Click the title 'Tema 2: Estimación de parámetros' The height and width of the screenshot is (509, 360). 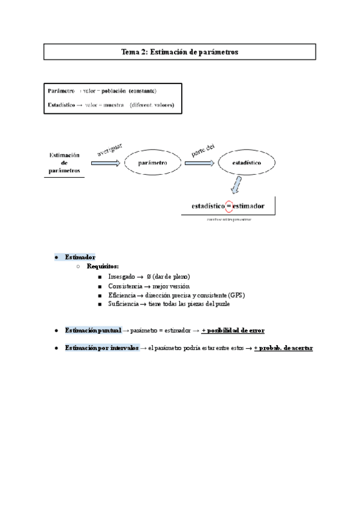pyautogui.click(x=180, y=52)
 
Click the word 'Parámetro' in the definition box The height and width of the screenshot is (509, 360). pyautogui.click(x=61, y=91)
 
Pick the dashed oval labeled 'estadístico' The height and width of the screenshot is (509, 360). pyautogui.click(x=246, y=163)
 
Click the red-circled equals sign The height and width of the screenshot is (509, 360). pyautogui.click(x=228, y=206)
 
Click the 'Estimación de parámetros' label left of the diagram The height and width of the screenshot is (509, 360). pyautogui.click(x=64, y=163)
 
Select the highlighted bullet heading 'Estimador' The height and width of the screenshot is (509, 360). pyautogui.click(x=80, y=257)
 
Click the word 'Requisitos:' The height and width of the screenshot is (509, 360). pyautogui.click(x=103, y=266)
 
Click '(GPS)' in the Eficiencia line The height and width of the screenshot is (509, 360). pyautogui.click(x=236, y=295)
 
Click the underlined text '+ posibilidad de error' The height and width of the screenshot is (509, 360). pyautogui.click(x=233, y=330)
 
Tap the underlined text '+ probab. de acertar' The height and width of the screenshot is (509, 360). pyautogui.click(x=283, y=348)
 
